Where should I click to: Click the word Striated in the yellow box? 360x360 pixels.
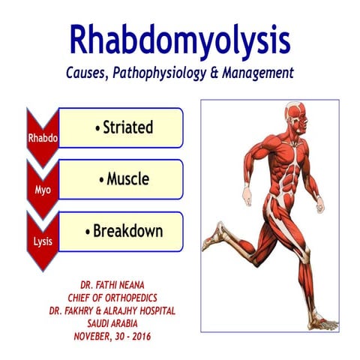pyautogui.click(x=124, y=127)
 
